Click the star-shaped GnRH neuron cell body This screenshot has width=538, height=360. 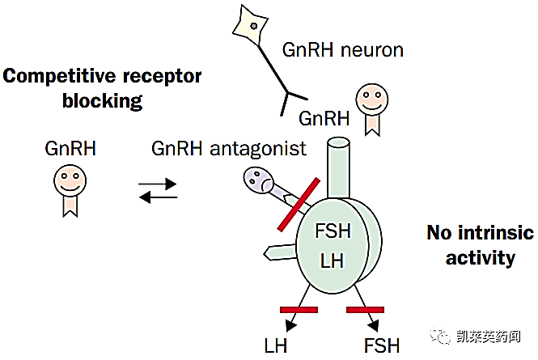tap(252, 26)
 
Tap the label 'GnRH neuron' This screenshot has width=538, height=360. tap(342, 50)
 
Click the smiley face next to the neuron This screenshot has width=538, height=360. tap(371, 100)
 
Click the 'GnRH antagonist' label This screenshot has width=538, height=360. tap(228, 149)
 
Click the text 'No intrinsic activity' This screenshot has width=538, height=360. tap(481, 245)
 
